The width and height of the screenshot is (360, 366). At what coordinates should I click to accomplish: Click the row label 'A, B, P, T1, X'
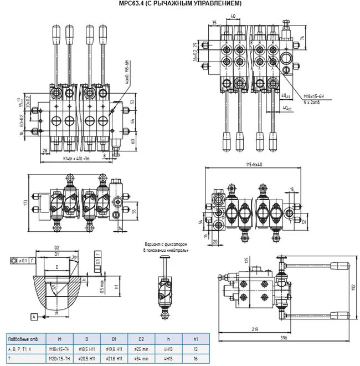click(x=20, y=349)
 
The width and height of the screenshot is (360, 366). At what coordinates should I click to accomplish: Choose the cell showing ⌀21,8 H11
click(x=113, y=358)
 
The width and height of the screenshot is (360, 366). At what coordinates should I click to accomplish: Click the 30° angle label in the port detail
click(x=74, y=257)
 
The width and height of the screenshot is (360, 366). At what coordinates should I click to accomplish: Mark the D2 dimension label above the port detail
click(x=56, y=247)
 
